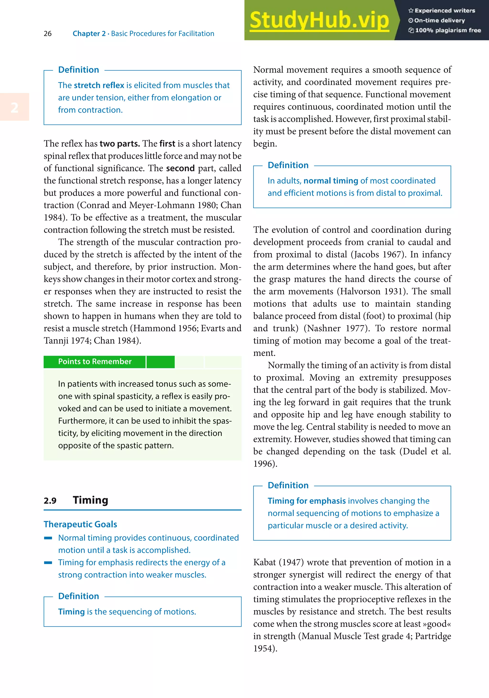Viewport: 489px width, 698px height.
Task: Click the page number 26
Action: click(48, 33)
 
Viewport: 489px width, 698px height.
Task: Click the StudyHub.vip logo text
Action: click(319, 20)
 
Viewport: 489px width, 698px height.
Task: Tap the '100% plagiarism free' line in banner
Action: click(445, 30)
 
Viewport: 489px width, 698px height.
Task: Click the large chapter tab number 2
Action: click(14, 107)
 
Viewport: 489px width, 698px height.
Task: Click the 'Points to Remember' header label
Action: click(95, 362)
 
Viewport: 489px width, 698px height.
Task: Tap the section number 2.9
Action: click(50, 501)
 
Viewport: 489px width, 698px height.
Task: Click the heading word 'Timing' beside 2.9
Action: click(90, 500)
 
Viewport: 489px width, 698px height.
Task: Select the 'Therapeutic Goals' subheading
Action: click(80, 525)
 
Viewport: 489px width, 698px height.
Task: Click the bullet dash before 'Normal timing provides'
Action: click(48, 538)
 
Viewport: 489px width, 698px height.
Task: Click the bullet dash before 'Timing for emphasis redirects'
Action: click(48, 563)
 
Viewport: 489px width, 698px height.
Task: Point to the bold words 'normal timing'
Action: click(330, 181)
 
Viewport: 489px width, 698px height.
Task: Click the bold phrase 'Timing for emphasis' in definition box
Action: click(307, 501)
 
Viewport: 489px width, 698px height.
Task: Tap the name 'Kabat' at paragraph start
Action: click(264, 562)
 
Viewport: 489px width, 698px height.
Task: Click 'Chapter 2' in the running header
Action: click(89, 34)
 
